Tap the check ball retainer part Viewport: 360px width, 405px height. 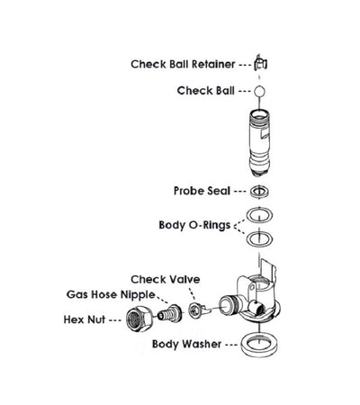(x=259, y=64)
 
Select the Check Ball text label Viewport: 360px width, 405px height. (x=206, y=90)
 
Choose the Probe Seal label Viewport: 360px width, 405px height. (x=202, y=191)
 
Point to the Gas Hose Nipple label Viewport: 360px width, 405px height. (x=109, y=294)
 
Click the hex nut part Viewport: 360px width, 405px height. (x=142, y=317)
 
